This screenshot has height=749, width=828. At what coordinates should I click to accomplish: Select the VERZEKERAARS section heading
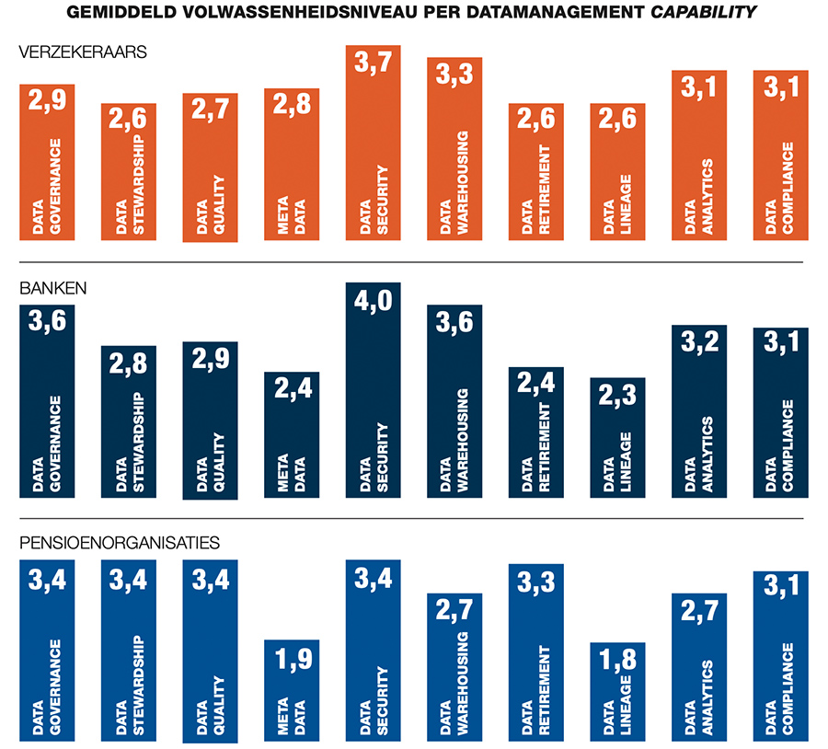click(x=70, y=53)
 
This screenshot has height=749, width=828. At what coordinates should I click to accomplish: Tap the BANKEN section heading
click(x=53, y=288)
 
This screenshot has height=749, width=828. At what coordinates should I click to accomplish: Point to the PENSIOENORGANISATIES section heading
click(x=119, y=543)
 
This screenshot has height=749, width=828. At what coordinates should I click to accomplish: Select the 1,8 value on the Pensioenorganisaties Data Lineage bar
click(x=617, y=662)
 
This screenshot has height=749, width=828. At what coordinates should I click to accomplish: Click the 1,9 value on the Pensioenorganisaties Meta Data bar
click(x=292, y=659)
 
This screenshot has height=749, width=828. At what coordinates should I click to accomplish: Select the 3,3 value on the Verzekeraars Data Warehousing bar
click(x=454, y=75)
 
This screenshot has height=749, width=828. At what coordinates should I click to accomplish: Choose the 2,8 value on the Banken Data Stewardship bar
click(x=129, y=365)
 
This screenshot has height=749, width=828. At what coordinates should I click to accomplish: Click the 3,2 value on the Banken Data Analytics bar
click(x=698, y=344)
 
